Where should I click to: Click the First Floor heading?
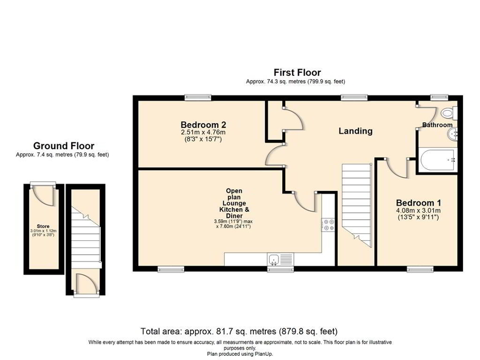297,72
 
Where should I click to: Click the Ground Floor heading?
63,146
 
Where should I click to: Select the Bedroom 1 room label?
419,202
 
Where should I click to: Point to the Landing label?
355,131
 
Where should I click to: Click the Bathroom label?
437,125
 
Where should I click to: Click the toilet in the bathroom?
449,112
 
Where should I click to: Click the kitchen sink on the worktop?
275,259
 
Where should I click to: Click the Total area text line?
239,332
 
